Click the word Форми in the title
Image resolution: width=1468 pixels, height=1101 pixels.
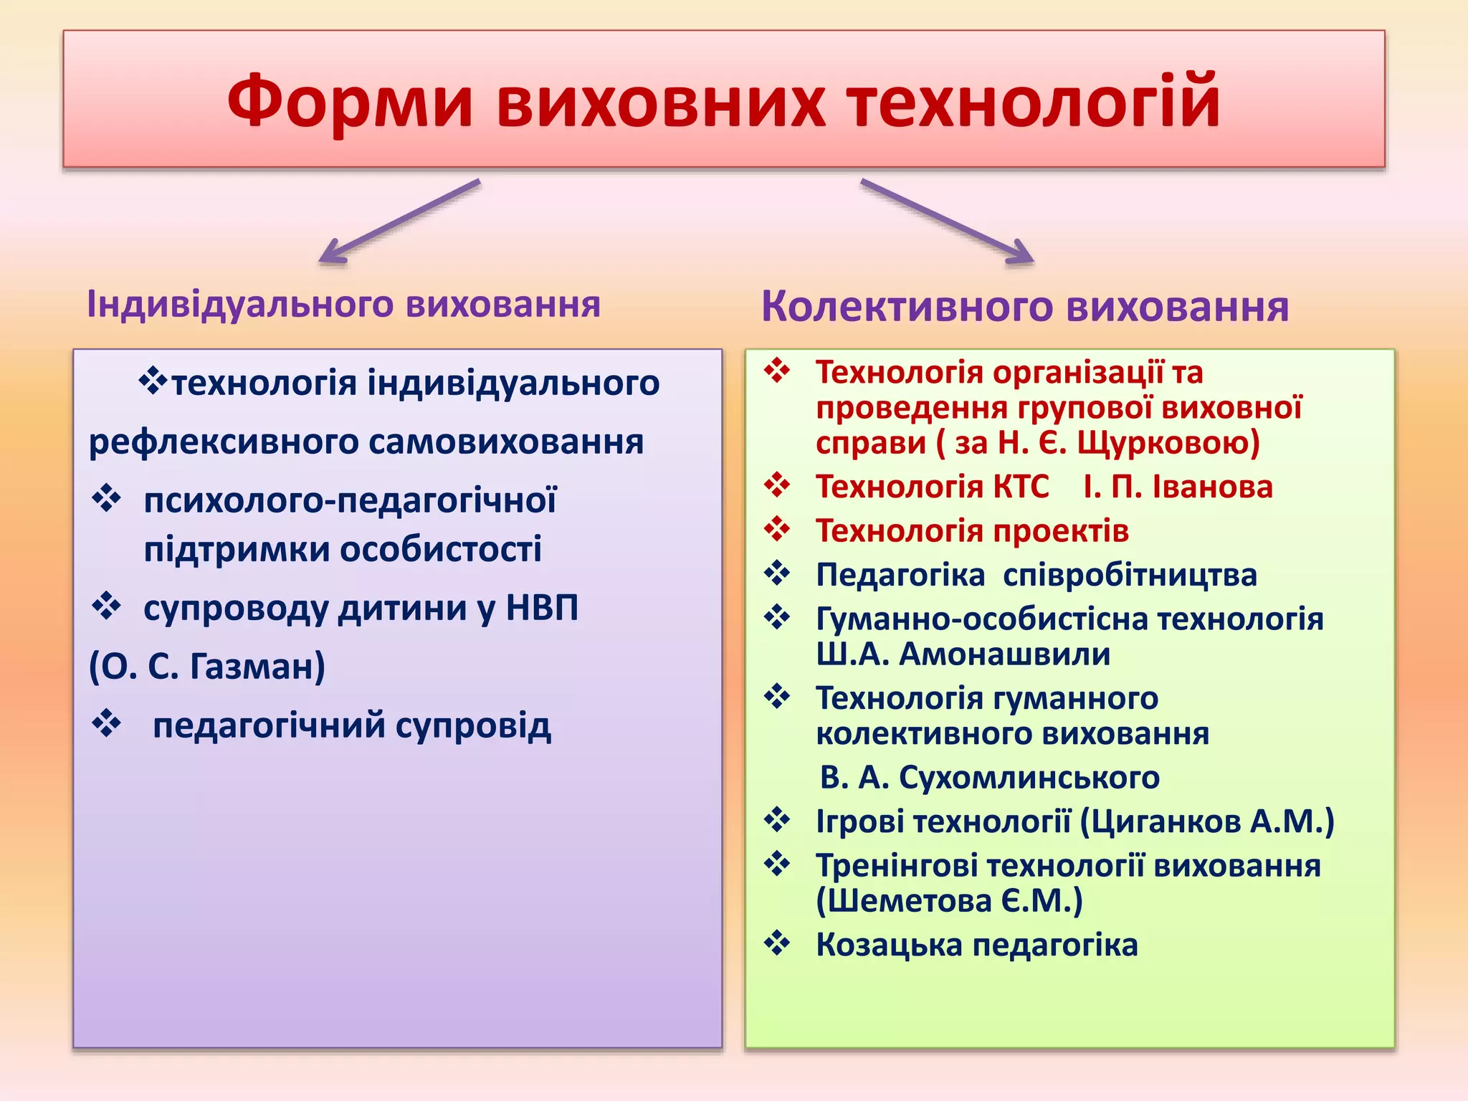(350, 103)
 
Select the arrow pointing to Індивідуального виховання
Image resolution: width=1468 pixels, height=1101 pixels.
(398, 221)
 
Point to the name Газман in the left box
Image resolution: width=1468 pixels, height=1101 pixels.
(257, 667)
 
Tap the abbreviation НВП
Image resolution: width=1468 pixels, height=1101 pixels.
(542, 608)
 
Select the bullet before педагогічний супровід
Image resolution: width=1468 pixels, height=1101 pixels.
(107, 724)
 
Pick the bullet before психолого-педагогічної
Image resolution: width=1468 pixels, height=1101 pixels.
(107, 498)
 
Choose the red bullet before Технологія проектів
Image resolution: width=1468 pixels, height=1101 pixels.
(777, 530)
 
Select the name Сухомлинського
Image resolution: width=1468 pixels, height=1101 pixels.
(1029, 778)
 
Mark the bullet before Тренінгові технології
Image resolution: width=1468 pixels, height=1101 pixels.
(777, 864)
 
